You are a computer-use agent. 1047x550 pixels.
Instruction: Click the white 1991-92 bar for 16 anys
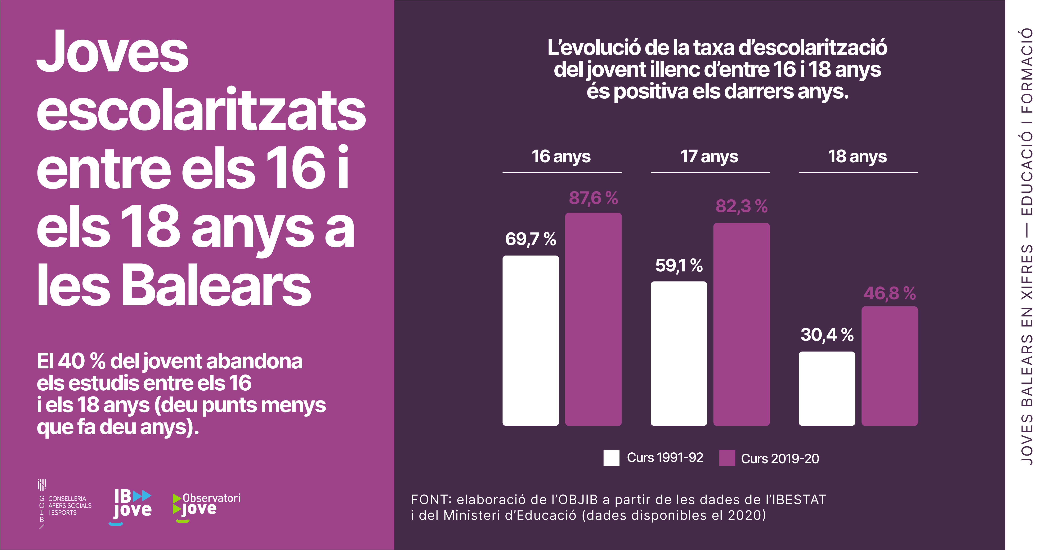pos(531,341)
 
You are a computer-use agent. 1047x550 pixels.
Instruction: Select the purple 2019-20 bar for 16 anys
pos(593,319)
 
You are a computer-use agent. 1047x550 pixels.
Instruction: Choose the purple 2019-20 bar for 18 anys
pos(889,366)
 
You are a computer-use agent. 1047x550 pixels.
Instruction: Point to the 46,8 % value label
pos(889,293)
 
